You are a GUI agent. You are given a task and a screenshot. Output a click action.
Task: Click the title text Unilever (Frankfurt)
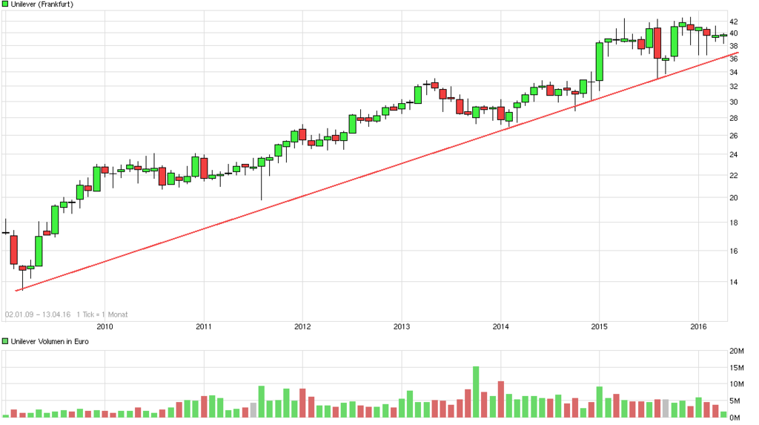[x=42, y=4]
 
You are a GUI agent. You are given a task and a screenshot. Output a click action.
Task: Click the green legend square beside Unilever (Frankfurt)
[x=5, y=4]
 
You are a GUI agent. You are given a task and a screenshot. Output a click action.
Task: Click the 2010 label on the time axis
[x=105, y=326]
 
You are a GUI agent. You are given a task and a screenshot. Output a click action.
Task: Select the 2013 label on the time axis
[x=401, y=326]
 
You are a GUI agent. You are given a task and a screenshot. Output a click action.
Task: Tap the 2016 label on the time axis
[x=697, y=326]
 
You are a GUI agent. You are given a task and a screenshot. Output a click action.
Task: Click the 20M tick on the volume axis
[x=738, y=351]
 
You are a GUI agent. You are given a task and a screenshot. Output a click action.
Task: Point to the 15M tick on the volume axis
[x=738, y=368]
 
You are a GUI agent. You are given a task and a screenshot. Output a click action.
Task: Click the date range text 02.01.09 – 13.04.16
[x=37, y=314]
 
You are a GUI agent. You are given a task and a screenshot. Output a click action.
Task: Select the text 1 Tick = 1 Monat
[x=102, y=314]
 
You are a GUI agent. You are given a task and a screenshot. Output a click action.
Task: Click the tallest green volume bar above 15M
[x=476, y=392]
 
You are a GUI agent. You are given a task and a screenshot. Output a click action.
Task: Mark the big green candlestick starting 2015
[x=599, y=62]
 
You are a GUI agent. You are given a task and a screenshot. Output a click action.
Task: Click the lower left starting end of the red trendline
[x=16, y=290]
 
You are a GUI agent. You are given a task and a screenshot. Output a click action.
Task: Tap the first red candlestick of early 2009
[x=13, y=249]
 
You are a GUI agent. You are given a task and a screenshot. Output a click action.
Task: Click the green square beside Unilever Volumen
[x=5, y=341]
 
